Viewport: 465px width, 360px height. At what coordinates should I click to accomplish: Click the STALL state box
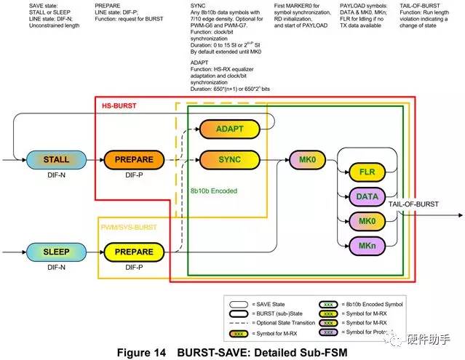point(57,159)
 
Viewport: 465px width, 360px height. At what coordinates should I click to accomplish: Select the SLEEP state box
point(57,252)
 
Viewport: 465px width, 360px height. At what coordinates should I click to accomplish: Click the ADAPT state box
point(229,129)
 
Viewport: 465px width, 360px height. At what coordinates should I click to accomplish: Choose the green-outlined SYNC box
point(229,159)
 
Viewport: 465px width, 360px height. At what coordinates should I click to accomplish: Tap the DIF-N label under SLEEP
point(57,268)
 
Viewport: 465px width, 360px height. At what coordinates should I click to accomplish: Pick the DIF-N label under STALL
point(57,175)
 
